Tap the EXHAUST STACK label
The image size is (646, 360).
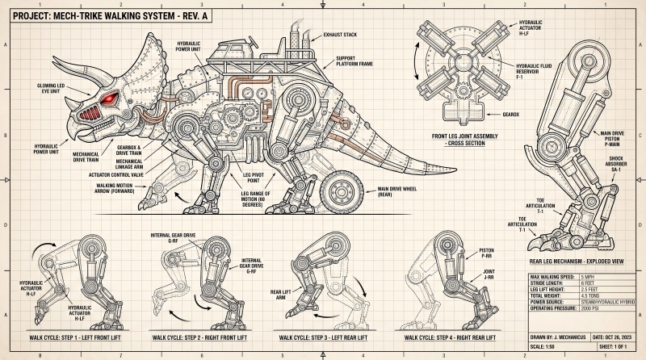click(x=340, y=35)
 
